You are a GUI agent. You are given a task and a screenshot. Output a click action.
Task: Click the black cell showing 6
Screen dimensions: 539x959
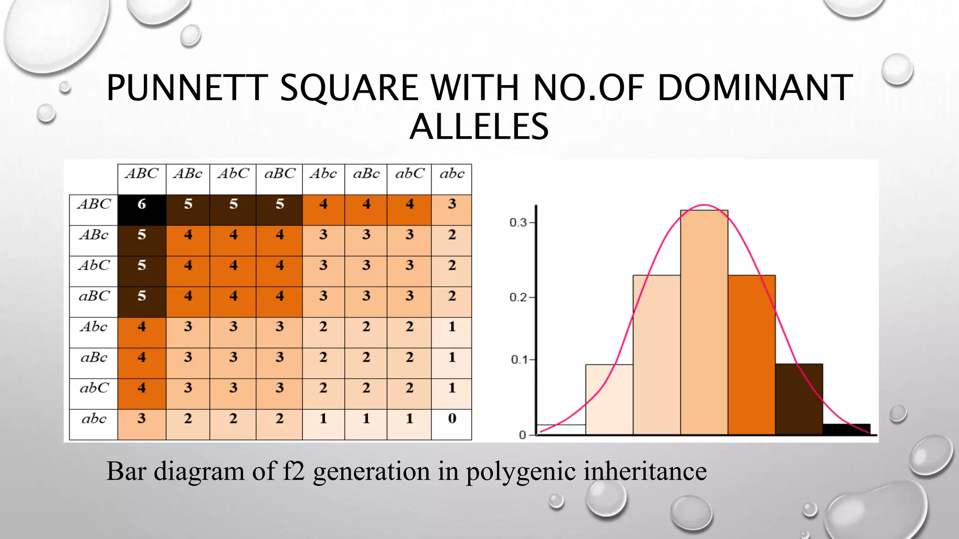tap(141, 210)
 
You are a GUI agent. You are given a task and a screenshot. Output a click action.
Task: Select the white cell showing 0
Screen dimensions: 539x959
tap(451, 424)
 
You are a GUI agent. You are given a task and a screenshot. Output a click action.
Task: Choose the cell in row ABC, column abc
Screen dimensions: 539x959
tap(451, 210)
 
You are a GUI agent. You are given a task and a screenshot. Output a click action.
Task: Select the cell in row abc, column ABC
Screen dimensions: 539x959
tap(141, 424)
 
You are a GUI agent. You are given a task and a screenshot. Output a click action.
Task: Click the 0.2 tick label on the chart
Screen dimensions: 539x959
tap(518, 298)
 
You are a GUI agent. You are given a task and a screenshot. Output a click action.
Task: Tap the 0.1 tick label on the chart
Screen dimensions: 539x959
tap(519, 360)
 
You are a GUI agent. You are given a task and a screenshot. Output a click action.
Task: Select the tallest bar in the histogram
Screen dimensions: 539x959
tap(704, 323)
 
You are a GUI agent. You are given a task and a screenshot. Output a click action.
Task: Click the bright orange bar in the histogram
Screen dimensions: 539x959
tap(752, 356)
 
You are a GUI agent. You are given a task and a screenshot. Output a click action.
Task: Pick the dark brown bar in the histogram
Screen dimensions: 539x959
tap(799, 399)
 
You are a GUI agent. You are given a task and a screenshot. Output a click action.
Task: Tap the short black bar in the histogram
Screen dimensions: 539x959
tap(846, 429)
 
